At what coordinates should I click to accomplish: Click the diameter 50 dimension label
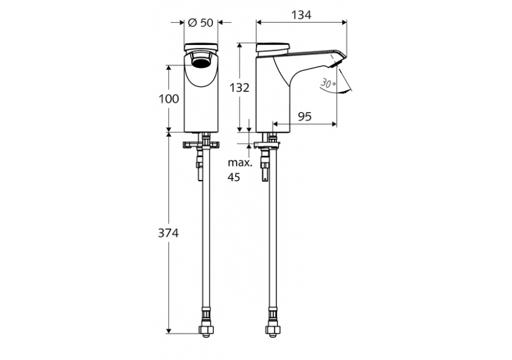(x=199, y=22)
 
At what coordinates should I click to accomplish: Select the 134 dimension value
(x=301, y=14)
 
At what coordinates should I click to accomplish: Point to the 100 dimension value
(x=168, y=99)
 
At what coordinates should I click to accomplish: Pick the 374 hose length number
(x=168, y=234)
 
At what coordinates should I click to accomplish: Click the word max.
(x=238, y=163)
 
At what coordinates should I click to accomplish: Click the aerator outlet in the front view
(x=200, y=60)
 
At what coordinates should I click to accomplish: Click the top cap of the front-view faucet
(x=200, y=46)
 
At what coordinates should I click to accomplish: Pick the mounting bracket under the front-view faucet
(x=200, y=145)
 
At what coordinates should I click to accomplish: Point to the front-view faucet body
(x=200, y=99)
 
